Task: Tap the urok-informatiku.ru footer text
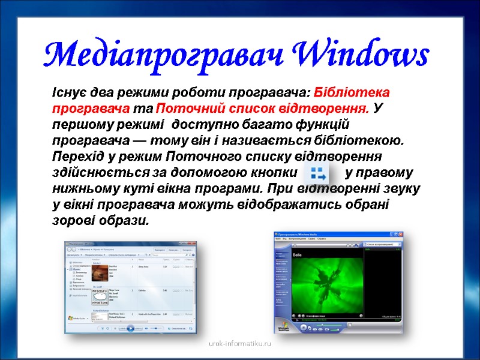click(239, 344)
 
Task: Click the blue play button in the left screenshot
click(131, 328)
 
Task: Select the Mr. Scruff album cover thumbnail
click(100, 295)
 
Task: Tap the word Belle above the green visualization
click(296, 254)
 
